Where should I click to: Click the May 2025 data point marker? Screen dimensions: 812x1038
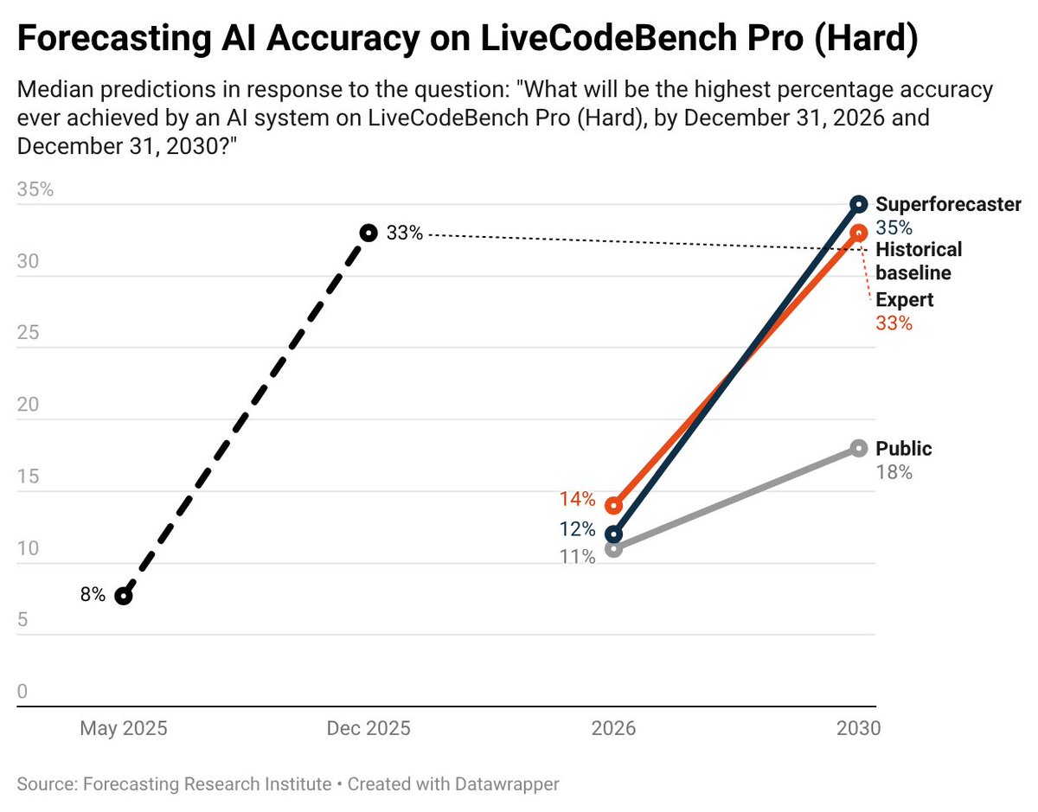tap(124, 596)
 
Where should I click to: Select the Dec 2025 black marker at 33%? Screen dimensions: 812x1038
tap(368, 233)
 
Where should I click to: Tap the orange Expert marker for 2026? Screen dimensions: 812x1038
tap(613, 505)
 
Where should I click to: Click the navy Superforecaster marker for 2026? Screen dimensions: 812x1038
tap(613, 534)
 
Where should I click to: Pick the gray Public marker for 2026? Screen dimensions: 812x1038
tap(613, 548)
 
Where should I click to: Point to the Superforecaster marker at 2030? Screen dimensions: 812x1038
tap(858, 204)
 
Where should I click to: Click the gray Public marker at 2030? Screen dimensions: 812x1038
tap(858, 448)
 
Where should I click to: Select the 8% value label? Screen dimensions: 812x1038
tap(93, 595)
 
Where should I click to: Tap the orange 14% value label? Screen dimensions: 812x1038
tap(577, 499)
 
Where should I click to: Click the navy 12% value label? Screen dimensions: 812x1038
tap(577, 529)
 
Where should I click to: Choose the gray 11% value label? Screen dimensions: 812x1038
tap(577, 557)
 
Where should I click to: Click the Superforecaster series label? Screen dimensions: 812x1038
tap(948, 205)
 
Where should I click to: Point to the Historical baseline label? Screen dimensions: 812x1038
tap(918, 261)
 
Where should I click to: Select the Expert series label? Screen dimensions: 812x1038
tap(904, 301)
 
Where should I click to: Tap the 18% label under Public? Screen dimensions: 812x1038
tap(894, 472)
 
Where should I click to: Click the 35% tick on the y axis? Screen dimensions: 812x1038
tap(35, 189)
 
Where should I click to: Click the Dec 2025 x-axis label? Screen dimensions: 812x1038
tap(368, 728)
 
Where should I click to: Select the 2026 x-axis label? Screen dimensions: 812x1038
tap(613, 728)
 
